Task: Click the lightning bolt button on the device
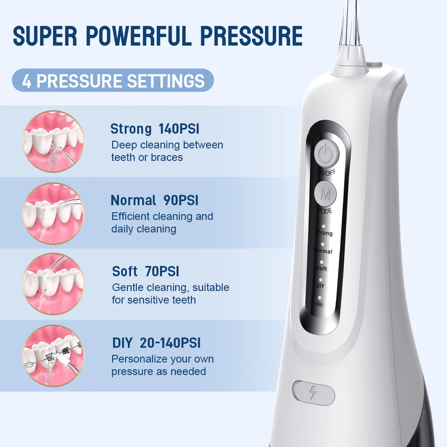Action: click(314, 393)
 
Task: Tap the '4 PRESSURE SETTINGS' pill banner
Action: click(113, 80)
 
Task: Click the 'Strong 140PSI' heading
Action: click(155, 129)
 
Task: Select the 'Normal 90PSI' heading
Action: click(154, 200)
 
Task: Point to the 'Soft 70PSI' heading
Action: click(146, 271)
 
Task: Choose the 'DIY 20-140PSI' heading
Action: click(156, 343)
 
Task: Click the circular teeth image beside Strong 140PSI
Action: click(53, 141)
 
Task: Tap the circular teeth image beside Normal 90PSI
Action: click(53, 213)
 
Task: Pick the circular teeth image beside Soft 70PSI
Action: click(53, 284)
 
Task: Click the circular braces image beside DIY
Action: click(53, 356)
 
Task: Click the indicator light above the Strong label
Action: click(323, 227)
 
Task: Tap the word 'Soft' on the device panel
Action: click(321, 268)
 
